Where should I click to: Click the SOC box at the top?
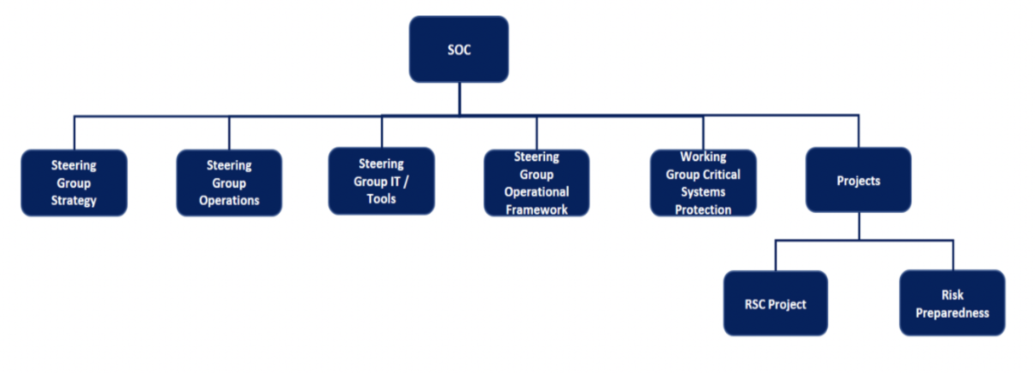coord(459,49)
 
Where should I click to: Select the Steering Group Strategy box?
coord(74,183)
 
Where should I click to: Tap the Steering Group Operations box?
coord(229,183)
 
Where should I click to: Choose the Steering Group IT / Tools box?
coord(381,181)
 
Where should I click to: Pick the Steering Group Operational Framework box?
coord(537,183)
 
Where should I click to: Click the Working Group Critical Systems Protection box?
coord(703,183)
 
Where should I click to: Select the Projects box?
coord(858,180)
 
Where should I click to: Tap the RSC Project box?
coord(775,303)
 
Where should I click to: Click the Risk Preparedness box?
coord(952,303)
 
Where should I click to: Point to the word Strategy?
coord(74,201)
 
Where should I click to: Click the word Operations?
coord(229,201)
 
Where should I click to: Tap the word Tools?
coord(381,199)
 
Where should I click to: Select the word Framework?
coord(537,210)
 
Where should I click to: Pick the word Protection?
coord(703,210)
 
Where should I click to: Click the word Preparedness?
coord(952,313)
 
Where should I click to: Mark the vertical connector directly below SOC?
coord(459,98)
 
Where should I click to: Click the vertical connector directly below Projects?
coord(859,226)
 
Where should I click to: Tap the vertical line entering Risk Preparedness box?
coord(953,255)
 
